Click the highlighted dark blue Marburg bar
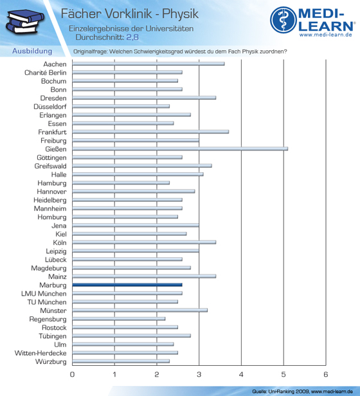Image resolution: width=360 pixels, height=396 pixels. (127, 285)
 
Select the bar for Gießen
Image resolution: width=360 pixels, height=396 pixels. (180, 149)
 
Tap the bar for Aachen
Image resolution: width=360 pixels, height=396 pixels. (148, 64)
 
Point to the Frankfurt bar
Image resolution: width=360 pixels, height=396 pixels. (150, 132)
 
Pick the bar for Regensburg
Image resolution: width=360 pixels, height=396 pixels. (119, 319)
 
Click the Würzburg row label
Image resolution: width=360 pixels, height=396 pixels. (51, 362)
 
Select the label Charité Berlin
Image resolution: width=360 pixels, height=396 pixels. (46, 73)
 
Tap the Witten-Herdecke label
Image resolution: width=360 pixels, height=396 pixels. (40, 353)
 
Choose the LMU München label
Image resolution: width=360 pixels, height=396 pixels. (44, 294)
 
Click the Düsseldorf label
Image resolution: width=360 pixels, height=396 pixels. (50, 107)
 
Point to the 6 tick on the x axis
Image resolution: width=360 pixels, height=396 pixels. (326, 374)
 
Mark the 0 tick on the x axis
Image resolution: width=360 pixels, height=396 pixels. (72, 374)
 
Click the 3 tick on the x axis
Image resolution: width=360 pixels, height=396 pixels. (199, 374)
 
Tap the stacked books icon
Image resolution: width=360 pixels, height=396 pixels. (25, 22)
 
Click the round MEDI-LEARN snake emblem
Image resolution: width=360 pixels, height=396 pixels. (283, 20)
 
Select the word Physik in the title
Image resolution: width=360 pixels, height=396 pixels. (181, 14)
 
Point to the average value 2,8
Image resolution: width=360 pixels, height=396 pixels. (132, 37)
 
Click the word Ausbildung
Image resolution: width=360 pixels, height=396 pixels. (32, 51)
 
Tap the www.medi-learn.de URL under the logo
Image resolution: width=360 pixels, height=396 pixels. (326, 35)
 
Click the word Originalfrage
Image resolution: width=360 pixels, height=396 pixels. (90, 51)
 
